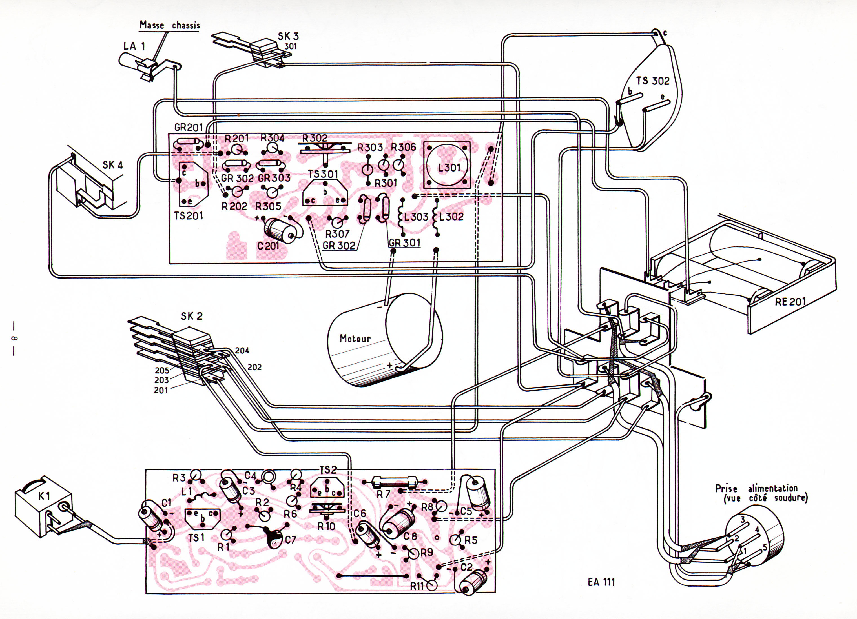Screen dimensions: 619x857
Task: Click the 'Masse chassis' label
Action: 170,25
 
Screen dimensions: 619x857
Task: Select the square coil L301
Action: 447,165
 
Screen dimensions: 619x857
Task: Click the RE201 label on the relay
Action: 790,302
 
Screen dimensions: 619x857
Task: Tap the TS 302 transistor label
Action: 653,81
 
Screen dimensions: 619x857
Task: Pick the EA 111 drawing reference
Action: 601,582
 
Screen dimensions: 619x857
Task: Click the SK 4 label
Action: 113,165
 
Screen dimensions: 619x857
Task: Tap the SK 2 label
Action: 192,316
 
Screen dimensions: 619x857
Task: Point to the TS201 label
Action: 188,216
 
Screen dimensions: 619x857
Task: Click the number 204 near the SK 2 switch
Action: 242,351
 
